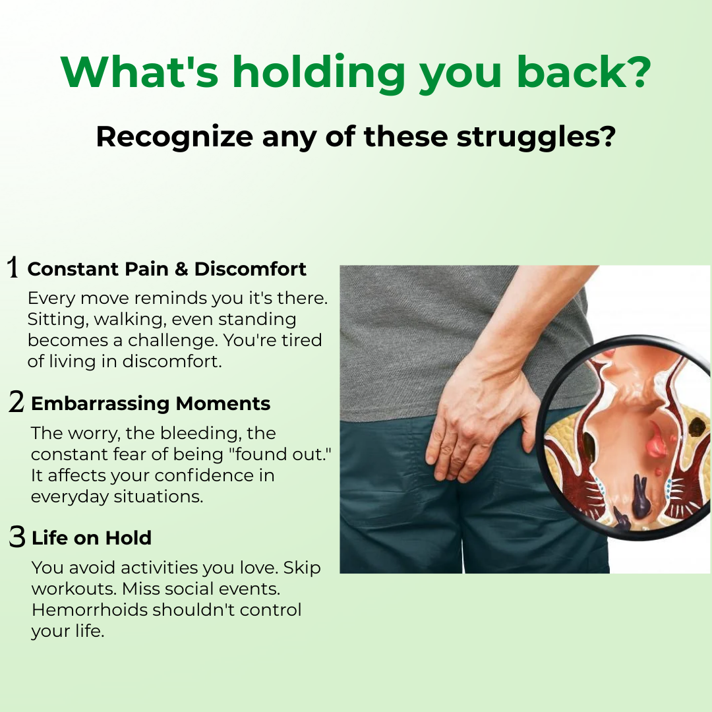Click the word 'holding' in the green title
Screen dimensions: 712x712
318,73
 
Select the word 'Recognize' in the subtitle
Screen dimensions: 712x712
174,138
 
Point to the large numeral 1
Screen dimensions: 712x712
13,266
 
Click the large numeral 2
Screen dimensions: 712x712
16,401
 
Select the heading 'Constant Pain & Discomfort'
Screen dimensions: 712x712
167,269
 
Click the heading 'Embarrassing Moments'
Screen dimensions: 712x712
150,403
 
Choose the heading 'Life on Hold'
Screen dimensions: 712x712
91,538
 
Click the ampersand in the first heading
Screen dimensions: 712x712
181,269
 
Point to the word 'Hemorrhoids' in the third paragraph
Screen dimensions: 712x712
90,609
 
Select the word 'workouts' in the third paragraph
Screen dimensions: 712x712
74,589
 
